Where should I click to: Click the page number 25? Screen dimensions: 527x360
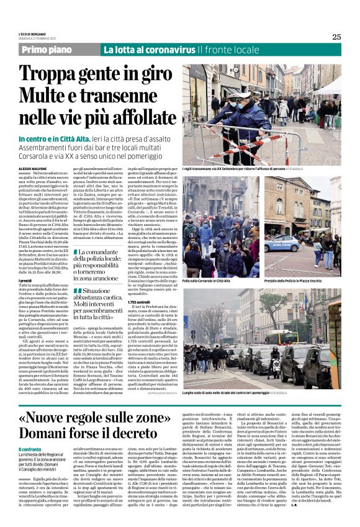click(336, 37)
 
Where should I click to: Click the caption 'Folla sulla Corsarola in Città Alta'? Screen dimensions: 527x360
click(215, 281)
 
